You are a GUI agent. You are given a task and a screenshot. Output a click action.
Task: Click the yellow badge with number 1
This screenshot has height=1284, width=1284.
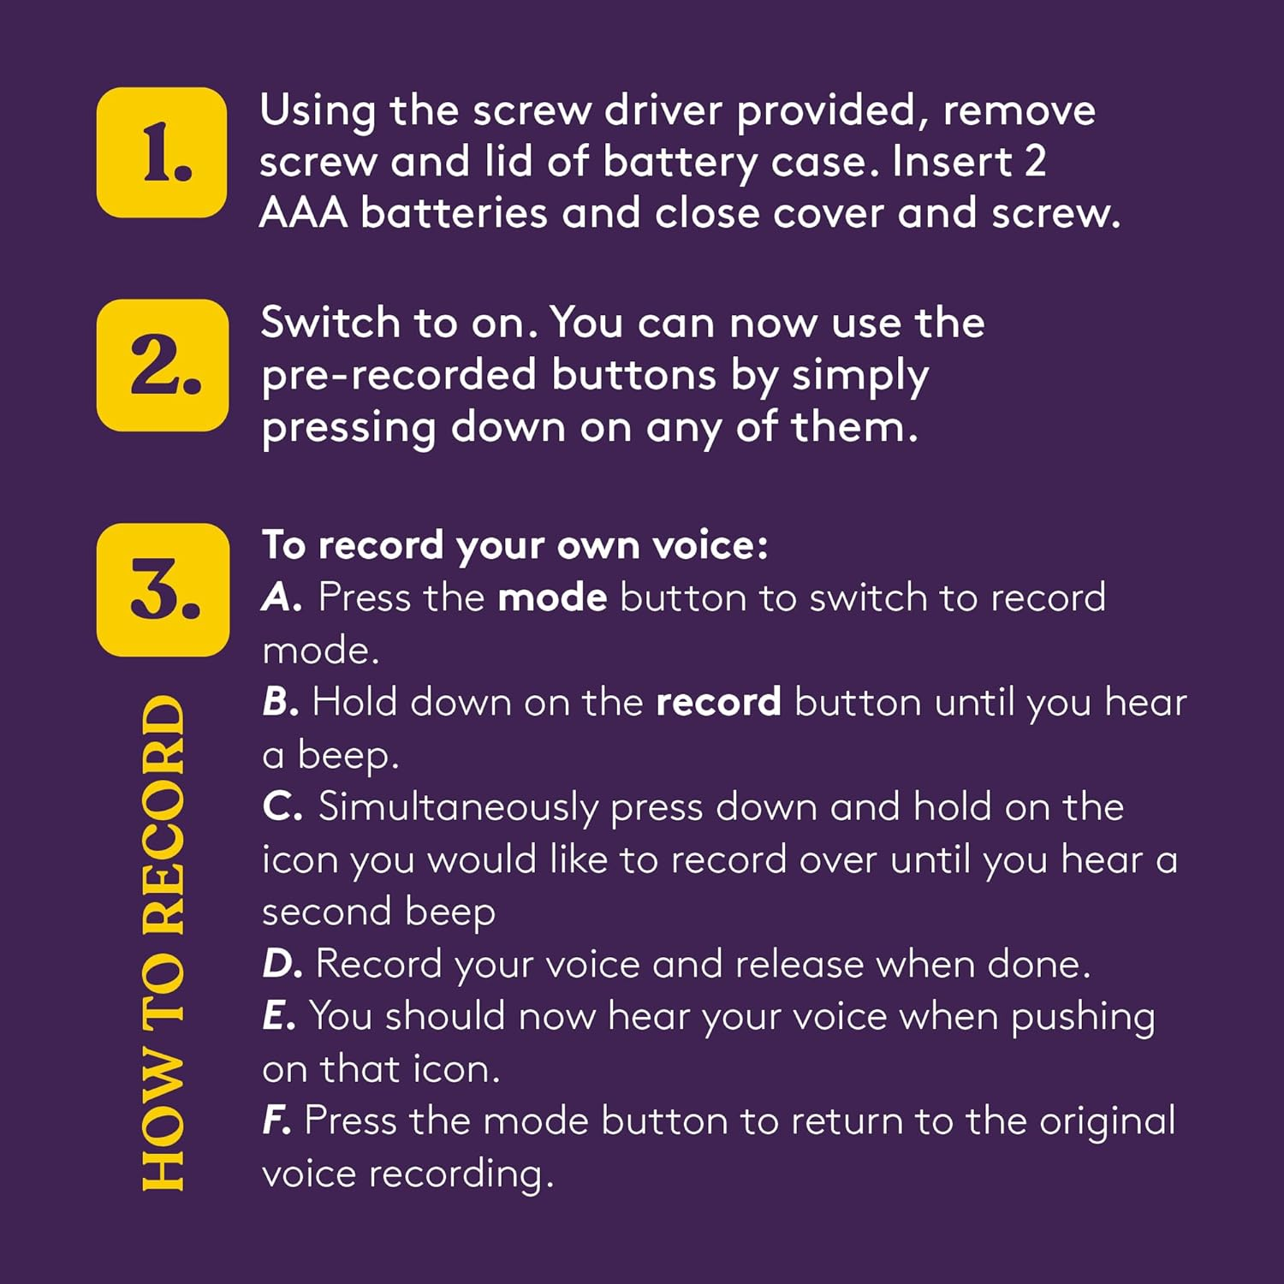162,152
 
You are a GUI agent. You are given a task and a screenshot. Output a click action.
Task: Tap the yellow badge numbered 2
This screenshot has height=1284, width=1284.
163,365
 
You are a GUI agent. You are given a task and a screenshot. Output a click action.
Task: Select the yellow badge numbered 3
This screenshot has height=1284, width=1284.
163,590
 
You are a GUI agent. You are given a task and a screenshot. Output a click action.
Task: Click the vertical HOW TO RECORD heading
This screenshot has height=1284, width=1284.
163,942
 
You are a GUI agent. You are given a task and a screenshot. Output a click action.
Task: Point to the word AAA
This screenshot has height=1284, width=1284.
304,212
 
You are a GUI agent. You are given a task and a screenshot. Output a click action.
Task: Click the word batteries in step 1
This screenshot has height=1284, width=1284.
454,212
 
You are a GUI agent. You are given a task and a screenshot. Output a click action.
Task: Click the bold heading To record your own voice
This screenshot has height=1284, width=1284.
515,546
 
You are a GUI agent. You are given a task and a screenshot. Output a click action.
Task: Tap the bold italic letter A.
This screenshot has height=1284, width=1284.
282,597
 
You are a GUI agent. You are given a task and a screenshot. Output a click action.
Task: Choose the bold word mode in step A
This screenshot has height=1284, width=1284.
553,597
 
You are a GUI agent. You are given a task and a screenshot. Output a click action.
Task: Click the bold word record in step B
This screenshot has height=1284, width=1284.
718,703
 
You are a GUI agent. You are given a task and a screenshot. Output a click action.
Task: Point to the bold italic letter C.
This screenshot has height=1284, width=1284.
282,807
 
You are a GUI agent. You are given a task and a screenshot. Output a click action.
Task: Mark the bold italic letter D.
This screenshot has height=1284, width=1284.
282,964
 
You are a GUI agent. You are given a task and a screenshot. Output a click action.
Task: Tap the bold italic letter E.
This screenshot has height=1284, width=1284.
279,1016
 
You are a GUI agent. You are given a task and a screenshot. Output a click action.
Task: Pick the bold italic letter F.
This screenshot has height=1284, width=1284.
276,1121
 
